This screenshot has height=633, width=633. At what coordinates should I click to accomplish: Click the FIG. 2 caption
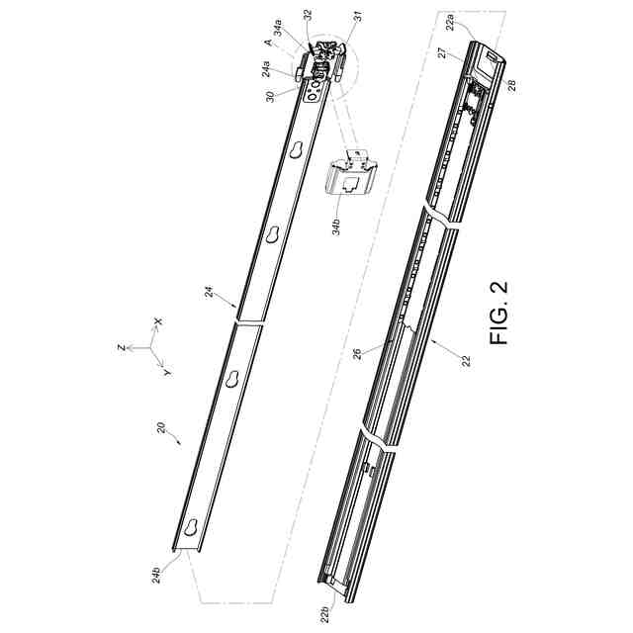point(498,313)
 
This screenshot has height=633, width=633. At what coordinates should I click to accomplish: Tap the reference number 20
point(161,428)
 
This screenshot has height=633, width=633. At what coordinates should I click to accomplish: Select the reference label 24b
point(156,575)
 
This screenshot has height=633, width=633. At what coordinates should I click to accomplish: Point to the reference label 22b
point(325,614)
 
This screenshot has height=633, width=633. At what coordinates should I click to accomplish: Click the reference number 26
point(357,354)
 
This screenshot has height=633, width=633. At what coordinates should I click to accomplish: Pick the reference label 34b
point(336,226)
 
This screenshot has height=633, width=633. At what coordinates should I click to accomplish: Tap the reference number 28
point(511,86)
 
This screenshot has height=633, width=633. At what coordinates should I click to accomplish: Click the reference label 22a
point(450,22)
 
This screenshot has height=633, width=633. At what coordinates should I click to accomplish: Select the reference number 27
point(442,52)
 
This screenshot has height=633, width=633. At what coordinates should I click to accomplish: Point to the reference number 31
point(358,17)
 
